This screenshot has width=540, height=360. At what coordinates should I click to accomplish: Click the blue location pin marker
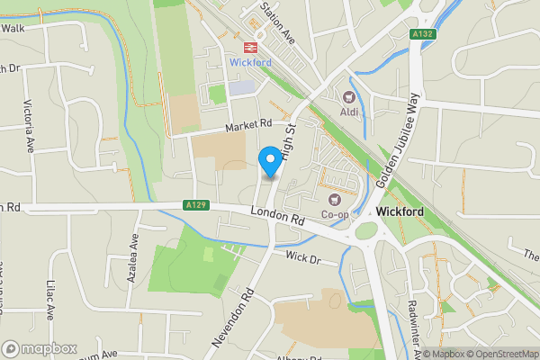tap(269, 161)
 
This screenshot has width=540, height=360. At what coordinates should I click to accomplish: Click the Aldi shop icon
tap(348, 96)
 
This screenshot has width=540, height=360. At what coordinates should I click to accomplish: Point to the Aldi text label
tap(349, 112)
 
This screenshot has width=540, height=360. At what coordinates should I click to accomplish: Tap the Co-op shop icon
tap(335, 199)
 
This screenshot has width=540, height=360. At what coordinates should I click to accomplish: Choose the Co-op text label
tap(336, 214)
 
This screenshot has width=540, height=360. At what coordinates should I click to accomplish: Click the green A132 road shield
tap(423, 34)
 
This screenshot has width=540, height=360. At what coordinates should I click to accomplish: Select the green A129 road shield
tap(196, 204)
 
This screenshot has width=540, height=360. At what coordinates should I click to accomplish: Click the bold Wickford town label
tap(400, 211)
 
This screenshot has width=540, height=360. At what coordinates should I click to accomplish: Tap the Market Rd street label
tap(248, 123)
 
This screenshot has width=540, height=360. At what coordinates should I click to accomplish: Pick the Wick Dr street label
tap(302, 258)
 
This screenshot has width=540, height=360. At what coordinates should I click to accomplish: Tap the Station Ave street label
tap(277, 22)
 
